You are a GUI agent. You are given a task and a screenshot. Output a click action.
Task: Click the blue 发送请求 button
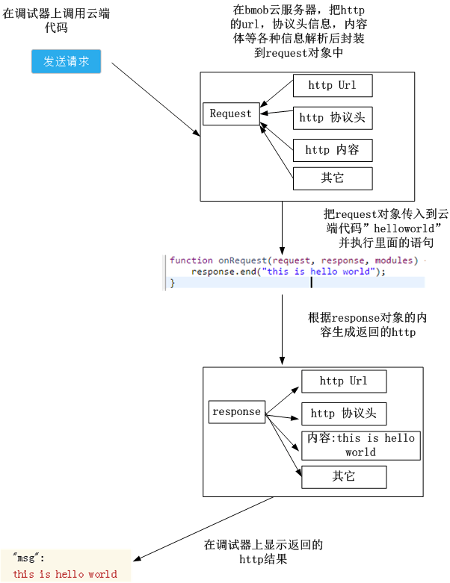(66, 62)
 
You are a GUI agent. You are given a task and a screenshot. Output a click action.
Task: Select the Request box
(231, 113)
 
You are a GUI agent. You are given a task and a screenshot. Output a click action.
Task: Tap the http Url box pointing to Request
(332, 86)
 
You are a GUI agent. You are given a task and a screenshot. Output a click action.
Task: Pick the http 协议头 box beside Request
(332, 118)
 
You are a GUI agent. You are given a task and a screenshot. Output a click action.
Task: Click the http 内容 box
(332, 150)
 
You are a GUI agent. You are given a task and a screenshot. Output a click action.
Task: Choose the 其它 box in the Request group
(332, 178)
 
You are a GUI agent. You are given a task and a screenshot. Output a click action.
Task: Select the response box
(236, 412)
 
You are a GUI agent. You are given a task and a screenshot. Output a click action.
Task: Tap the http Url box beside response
(344, 381)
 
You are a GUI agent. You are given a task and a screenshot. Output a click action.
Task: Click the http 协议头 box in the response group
(344, 414)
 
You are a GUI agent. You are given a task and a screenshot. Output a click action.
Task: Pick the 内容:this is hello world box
(360, 445)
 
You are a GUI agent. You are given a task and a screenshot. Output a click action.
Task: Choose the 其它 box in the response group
(344, 477)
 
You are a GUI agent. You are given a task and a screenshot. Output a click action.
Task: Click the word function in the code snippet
(191, 261)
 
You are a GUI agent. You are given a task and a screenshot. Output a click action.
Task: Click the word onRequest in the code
(242, 261)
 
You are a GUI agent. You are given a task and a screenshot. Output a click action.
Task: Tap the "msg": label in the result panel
(29, 558)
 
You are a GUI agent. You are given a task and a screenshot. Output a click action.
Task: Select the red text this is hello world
(65, 574)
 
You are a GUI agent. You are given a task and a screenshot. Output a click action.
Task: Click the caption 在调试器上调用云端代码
(55, 22)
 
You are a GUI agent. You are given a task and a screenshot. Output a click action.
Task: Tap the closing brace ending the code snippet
(172, 283)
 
